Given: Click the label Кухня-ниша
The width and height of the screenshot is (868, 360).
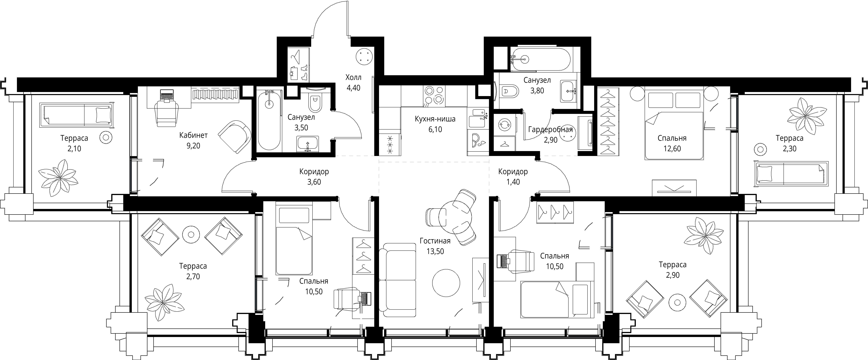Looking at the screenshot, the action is click(435, 119).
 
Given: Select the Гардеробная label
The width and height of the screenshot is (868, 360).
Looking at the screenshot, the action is click(550, 130).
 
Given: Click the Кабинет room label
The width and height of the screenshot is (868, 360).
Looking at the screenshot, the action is click(193, 135).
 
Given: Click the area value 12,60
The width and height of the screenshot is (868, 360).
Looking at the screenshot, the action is click(672, 149).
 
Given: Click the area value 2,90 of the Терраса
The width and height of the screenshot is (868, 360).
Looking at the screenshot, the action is click(673, 275).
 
